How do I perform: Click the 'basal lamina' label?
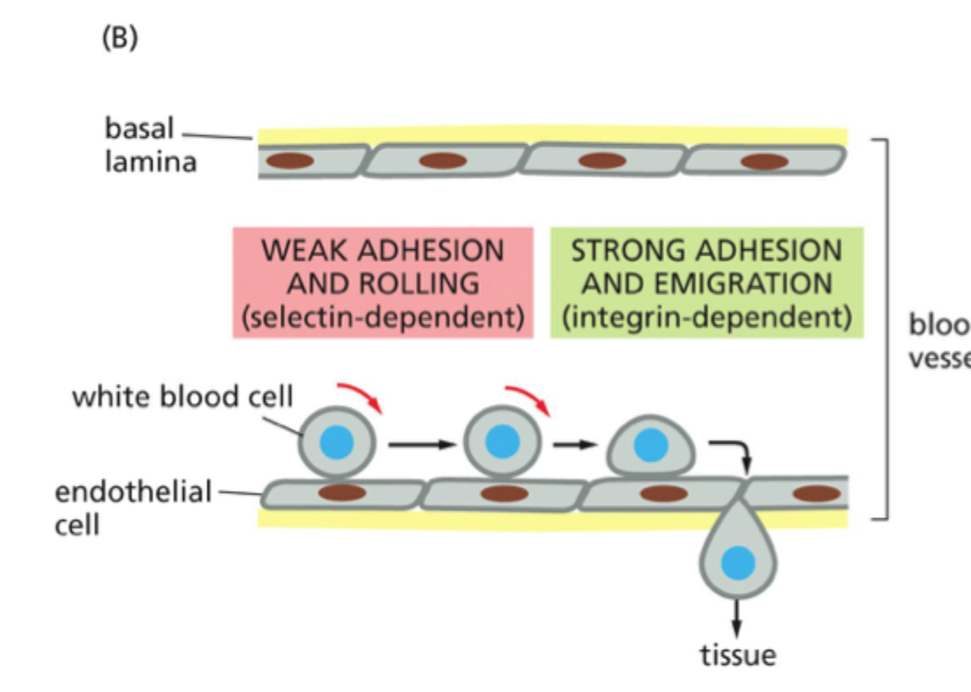(x=150, y=146)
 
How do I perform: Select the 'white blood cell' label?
(x=183, y=396)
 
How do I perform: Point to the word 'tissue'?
(x=737, y=654)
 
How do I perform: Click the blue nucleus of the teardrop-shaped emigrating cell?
(x=737, y=561)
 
